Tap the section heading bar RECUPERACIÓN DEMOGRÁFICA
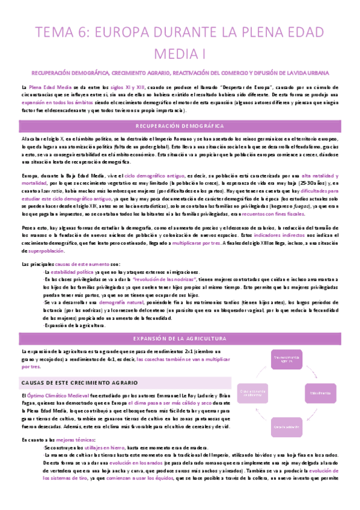pyautogui.click(x=180, y=126)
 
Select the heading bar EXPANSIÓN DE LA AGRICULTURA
pyautogui.click(x=180, y=339)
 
